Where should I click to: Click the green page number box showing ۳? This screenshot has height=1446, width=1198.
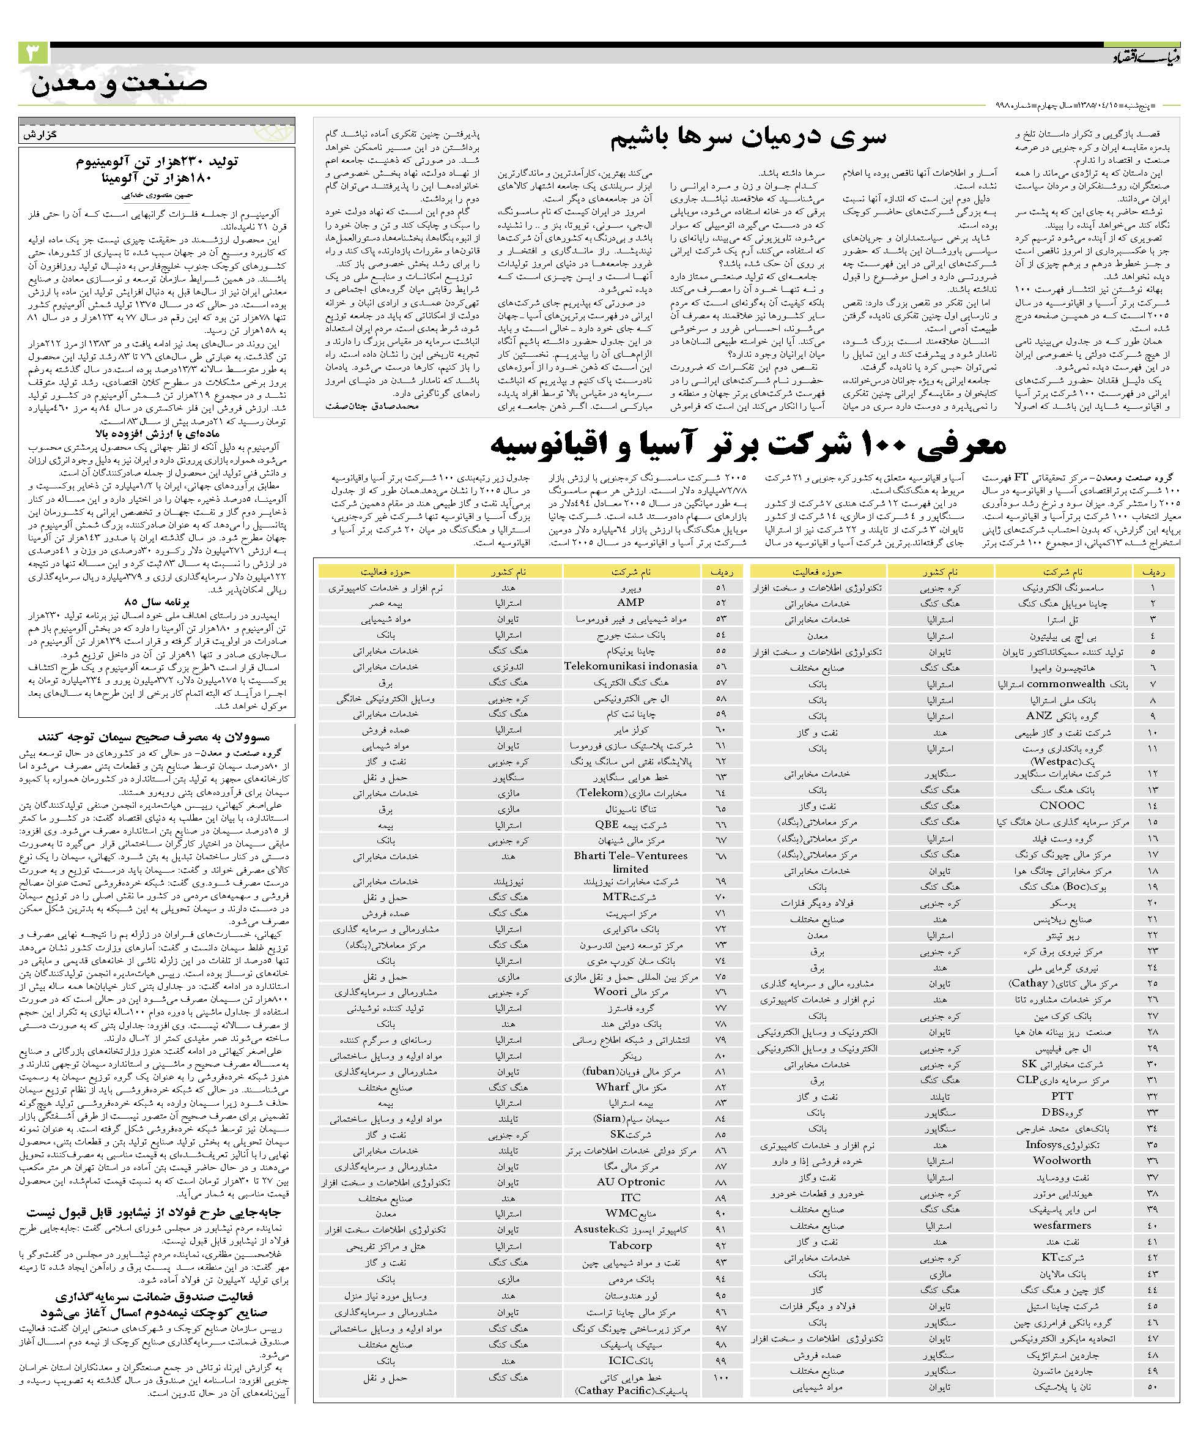pos(33,54)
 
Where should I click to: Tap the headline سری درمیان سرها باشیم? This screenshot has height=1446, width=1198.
pos(748,137)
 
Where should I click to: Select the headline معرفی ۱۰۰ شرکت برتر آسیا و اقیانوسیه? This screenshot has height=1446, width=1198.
pos(748,445)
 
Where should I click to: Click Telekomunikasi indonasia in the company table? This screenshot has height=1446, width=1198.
pos(630,666)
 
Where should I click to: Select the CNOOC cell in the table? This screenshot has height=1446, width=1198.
pos(1062,805)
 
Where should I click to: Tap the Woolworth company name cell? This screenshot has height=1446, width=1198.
pos(1062,1160)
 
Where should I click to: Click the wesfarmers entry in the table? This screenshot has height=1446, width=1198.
pos(1062,1225)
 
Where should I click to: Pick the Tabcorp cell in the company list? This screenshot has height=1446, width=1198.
pos(630,1245)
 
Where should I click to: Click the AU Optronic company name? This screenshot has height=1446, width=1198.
pos(630,1182)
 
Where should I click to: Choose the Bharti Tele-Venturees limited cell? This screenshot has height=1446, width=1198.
pos(630,862)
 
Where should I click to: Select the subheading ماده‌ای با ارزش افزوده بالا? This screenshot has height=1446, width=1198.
pos(157,434)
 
